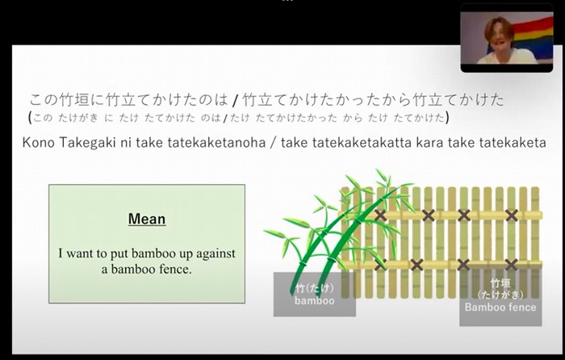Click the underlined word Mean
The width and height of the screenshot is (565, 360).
click(x=147, y=219)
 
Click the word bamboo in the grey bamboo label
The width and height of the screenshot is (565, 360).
click(x=315, y=300)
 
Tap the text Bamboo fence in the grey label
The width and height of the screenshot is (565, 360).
click(x=500, y=307)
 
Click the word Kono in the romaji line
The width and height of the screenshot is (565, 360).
click(x=38, y=143)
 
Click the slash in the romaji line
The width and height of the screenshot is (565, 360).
click(x=273, y=143)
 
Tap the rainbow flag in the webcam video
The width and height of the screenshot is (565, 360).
click(x=534, y=37)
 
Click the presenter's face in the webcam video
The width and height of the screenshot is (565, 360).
click(x=498, y=36)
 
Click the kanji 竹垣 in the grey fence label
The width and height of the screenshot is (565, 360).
click(x=500, y=283)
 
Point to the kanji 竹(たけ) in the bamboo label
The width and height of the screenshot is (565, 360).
click(x=315, y=288)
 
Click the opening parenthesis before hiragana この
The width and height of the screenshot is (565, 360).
click(x=30, y=118)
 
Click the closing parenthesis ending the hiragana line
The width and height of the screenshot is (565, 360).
click(x=447, y=118)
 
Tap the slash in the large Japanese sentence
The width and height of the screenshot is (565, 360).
click(x=236, y=100)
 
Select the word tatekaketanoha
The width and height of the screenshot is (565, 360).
click(x=216, y=143)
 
